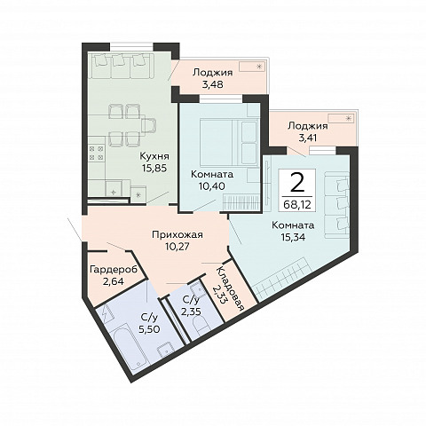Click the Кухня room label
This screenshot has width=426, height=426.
[154, 156]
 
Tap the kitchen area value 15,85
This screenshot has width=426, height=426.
[154, 168]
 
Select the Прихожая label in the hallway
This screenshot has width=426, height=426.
[177, 235]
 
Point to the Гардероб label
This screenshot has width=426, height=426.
[114, 270]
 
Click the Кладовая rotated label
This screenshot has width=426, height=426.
[230, 288]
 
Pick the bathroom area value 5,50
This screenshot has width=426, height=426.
[150, 328]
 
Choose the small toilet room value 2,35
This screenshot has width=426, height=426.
[191, 312]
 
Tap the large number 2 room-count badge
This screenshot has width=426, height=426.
[297, 184]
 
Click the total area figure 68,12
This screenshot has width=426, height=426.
[297, 204]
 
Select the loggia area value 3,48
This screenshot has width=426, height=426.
[213, 84]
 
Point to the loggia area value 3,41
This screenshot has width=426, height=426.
[308, 138]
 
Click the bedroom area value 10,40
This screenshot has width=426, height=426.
[212, 186]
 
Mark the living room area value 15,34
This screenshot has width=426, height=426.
[293, 238]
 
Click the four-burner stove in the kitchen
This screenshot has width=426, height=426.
[97, 153]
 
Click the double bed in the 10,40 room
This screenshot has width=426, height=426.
[228, 142]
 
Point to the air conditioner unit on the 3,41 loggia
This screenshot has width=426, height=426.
[341, 118]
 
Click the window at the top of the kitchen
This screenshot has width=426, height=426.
[132, 47]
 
